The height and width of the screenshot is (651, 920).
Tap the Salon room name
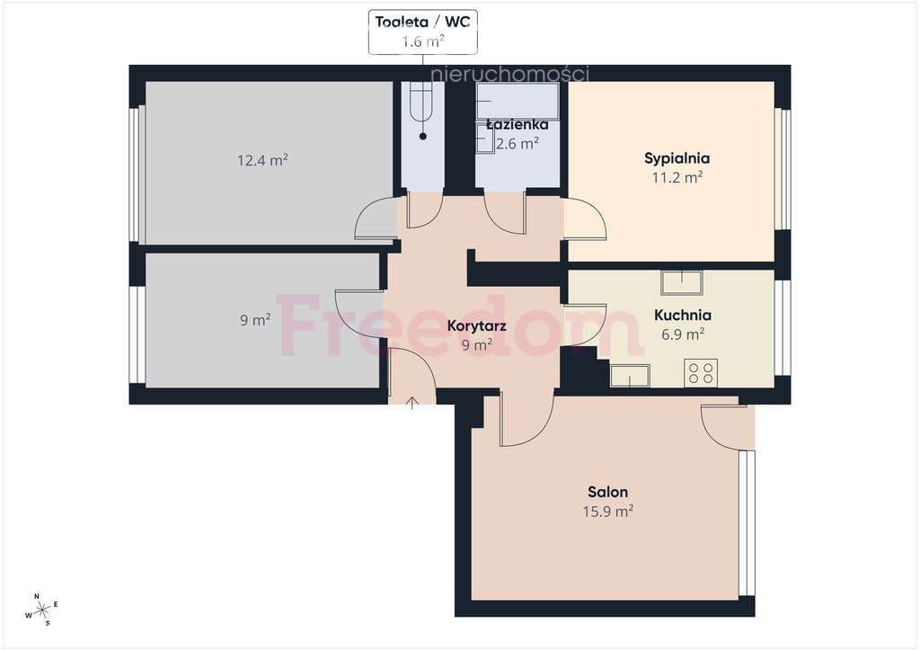(608, 492)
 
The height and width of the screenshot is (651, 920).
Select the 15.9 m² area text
(608, 512)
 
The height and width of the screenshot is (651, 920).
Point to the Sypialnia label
(677, 158)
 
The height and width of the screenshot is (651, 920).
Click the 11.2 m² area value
(677, 177)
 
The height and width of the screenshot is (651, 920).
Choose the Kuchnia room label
(683, 316)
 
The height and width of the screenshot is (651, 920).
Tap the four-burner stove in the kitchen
(701, 373)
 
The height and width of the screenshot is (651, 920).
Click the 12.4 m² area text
(262, 160)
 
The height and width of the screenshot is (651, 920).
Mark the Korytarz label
(476, 325)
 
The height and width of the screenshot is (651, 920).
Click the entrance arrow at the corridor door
(412, 403)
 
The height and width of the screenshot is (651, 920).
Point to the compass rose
(42, 611)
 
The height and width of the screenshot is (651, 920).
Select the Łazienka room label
(517, 124)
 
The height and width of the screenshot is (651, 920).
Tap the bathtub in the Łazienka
(518, 101)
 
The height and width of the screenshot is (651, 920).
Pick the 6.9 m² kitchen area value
(683, 334)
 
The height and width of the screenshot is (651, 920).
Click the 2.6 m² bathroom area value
(517, 144)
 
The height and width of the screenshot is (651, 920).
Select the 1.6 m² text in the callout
(422, 41)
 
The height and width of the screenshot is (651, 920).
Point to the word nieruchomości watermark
(509, 74)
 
